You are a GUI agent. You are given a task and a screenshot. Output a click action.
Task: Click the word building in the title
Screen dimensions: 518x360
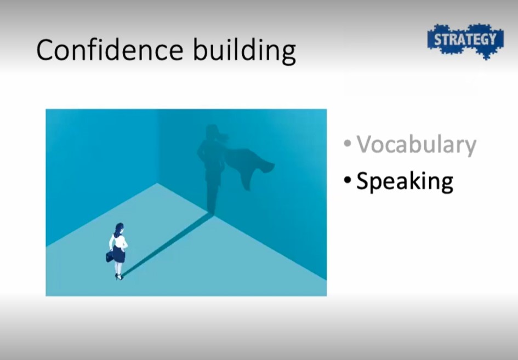[244, 50]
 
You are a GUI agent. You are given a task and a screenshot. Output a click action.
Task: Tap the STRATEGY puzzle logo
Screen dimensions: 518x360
[465, 41]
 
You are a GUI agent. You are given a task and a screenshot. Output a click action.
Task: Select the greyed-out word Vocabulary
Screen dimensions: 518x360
[416, 144]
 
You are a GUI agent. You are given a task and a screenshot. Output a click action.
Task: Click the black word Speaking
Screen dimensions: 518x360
[405, 181]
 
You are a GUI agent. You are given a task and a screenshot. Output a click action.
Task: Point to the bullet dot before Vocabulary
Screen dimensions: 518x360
[347, 144]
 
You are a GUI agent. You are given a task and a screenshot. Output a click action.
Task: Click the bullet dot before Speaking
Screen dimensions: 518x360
[347, 180]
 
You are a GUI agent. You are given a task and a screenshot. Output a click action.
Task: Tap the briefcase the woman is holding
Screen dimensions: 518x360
[110, 256]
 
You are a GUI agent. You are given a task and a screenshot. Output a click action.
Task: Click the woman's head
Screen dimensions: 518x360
[119, 228]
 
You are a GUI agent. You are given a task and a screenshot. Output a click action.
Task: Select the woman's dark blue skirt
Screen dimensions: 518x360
[118, 254]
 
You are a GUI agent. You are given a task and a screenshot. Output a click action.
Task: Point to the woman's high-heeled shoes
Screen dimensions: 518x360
[119, 277]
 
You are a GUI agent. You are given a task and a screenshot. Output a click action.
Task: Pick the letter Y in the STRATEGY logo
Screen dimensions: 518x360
[492, 39]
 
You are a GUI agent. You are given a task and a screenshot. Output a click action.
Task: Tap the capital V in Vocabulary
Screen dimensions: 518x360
[366, 144]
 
